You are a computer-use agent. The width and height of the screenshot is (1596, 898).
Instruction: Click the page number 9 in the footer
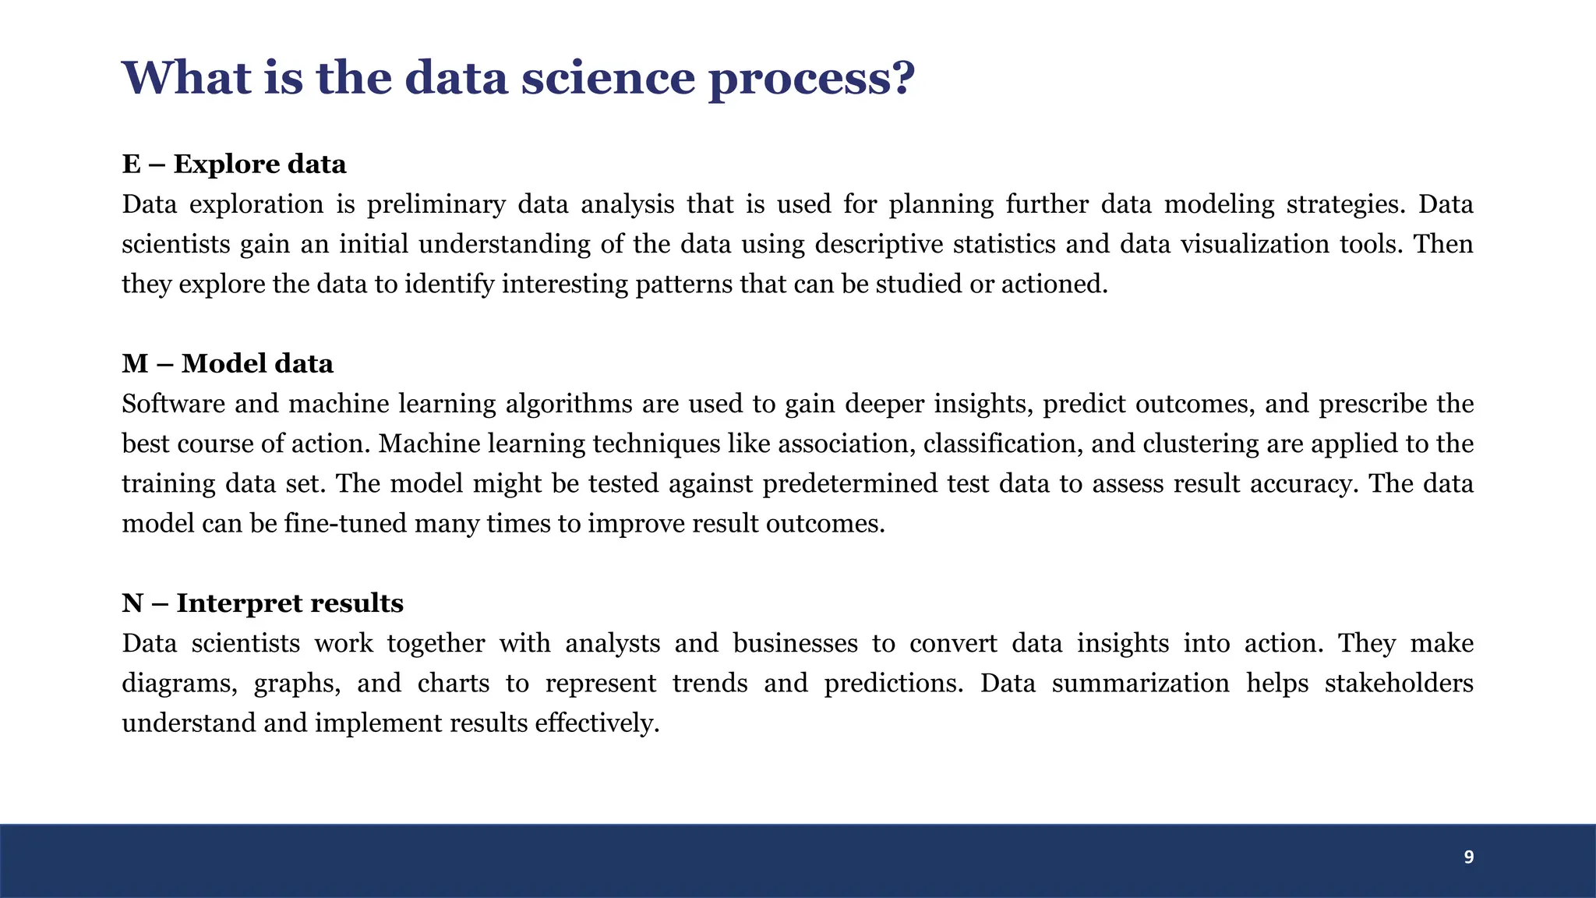click(1468, 857)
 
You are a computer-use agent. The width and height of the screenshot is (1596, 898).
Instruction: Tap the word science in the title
click(608, 78)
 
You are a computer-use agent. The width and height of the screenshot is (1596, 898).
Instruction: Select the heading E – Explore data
click(234, 164)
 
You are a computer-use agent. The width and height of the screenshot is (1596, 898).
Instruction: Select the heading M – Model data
click(228, 364)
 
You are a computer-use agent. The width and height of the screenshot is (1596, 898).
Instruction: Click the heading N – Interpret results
click(263, 603)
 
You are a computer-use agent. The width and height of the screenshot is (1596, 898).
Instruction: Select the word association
click(849, 444)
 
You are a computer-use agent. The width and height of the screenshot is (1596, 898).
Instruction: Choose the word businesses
click(795, 644)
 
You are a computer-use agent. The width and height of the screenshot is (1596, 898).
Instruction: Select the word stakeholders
click(1399, 684)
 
